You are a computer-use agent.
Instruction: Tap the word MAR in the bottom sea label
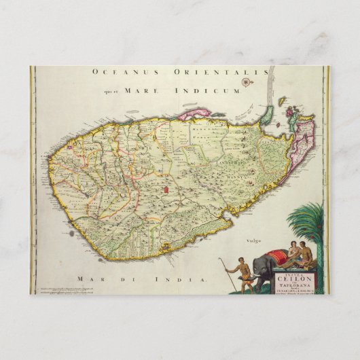click(86, 279)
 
